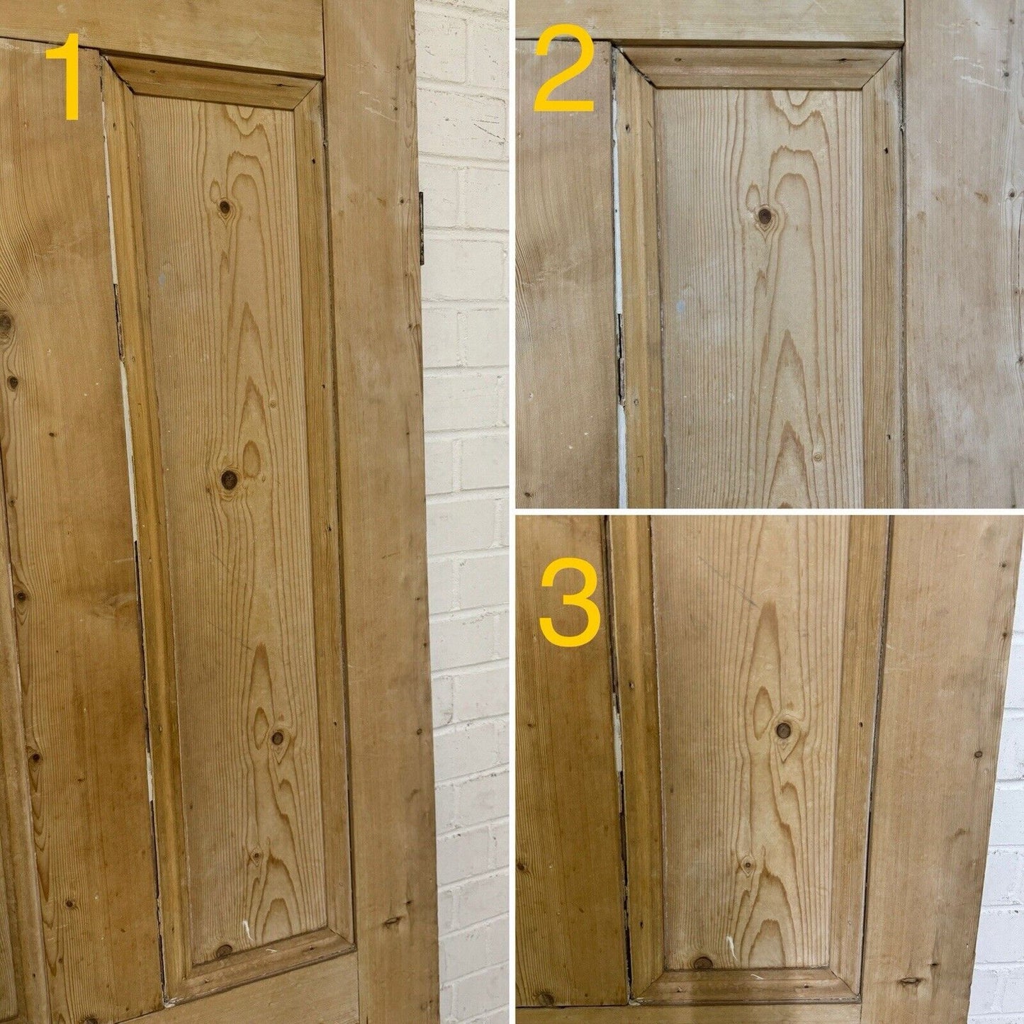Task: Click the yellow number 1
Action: pyautogui.click(x=66, y=77)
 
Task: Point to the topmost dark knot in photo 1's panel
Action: pyautogui.click(x=225, y=207)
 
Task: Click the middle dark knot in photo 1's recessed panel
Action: pyautogui.click(x=230, y=480)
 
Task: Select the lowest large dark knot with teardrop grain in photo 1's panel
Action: pyautogui.click(x=277, y=738)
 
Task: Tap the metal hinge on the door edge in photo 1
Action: pyautogui.click(x=422, y=228)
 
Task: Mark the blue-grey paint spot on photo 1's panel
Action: pyautogui.click(x=162, y=276)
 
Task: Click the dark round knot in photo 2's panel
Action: pyautogui.click(x=765, y=215)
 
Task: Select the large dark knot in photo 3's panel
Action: pyautogui.click(x=783, y=730)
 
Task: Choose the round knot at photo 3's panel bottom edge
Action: pyautogui.click(x=703, y=947)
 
